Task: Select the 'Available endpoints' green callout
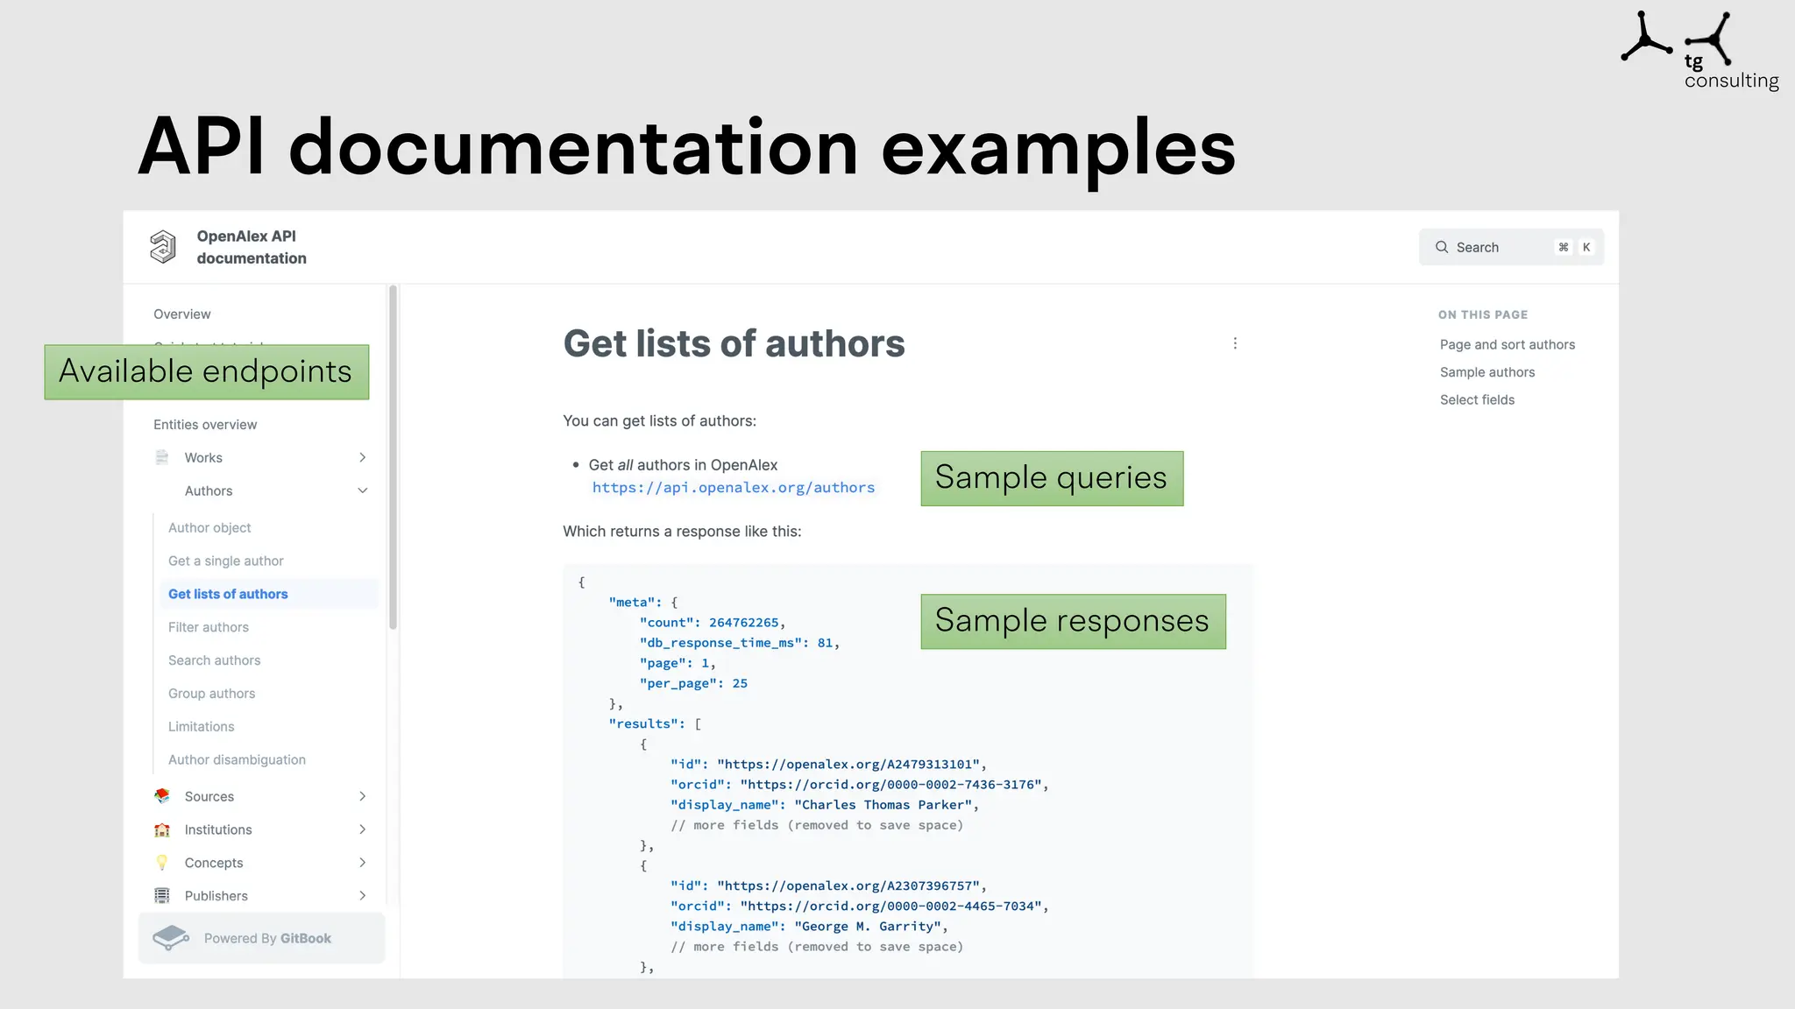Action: [x=206, y=372]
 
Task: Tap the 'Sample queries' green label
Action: [x=1051, y=478]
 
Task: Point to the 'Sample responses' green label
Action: [x=1072, y=621]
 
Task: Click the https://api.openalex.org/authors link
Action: [x=733, y=488]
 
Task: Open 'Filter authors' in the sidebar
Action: [x=209, y=627]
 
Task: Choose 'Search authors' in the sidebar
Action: [x=214, y=660]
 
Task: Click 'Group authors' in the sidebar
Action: [x=211, y=694]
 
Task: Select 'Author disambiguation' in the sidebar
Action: [x=237, y=760]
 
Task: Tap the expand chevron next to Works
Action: [x=362, y=458]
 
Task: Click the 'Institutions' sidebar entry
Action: [x=217, y=829]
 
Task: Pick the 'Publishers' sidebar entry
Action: [x=216, y=896]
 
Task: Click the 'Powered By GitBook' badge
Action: [x=261, y=938]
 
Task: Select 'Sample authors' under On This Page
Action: [x=1486, y=372]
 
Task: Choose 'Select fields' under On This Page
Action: [x=1477, y=400]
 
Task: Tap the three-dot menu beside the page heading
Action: [x=1235, y=343]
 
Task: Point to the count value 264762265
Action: [x=743, y=623]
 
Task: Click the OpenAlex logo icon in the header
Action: [x=163, y=247]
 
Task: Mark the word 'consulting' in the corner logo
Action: [x=1731, y=81]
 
